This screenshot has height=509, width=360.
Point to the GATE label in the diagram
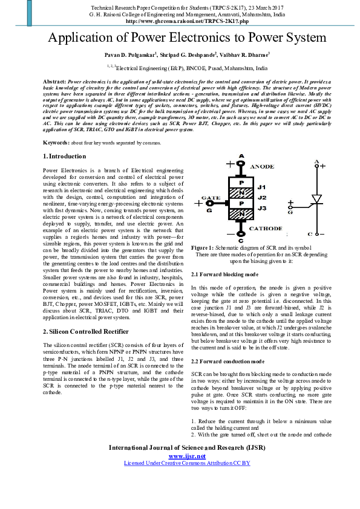point(210,198)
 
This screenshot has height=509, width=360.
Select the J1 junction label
point(262,187)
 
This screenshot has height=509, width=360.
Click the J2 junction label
point(262,197)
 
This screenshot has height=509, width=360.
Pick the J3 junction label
point(262,207)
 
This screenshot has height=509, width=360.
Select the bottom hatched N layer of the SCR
point(241,213)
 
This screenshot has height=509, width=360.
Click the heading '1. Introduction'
point(64,156)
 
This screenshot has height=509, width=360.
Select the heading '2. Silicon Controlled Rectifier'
point(86,332)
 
